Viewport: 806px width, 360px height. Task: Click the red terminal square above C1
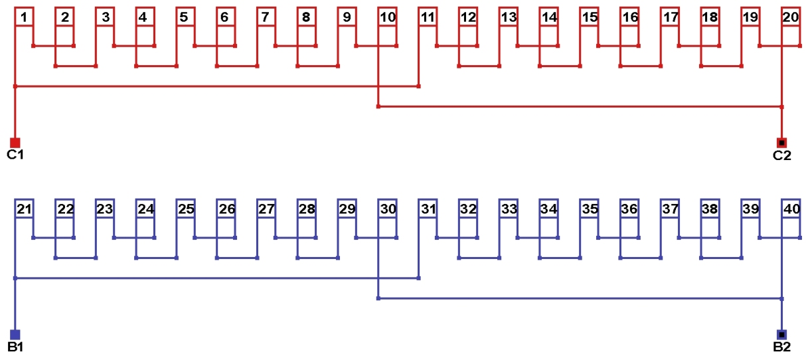pyautogui.click(x=15, y=142)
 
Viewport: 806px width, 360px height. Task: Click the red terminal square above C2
pyautogui.click(x=781, y=142)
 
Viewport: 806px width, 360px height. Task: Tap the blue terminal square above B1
pyautogui.click(x=15, y=334)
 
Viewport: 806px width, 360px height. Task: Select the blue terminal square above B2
pyautogui.click(x=781, y=334)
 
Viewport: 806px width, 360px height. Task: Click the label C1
pyautogui.click(x=15, y=155)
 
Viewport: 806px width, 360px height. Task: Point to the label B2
pyautogui.click(x=781, y=347)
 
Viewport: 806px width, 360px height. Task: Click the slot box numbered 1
pyautogui.click(x=24, y=17)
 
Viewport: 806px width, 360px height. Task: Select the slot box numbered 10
pyautogui.click(x=388, y=17)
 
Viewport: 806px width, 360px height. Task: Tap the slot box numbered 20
pyautogui.click(x=791, y=17)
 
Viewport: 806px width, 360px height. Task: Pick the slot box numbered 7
pyautogui.click(x=266, y=17)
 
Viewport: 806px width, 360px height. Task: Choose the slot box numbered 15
pyautogui.click(x=590, y=17)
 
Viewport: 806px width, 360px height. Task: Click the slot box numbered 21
pyautogui.click(x=24, y=209)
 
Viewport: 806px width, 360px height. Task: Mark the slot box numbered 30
pyautogui.click(x=388, y=209)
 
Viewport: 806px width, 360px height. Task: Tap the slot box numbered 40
pyautogui.click(x=791, y=209)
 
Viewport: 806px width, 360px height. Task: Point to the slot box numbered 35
pyautogui.click(x=590, y=209)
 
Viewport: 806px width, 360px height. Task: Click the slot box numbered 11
pyautogui.click(x=428, y=17)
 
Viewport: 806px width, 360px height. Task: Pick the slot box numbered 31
pyautogui.click(x=428, y=209)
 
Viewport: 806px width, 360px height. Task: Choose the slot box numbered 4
pyautogui.click(x=144, y=17)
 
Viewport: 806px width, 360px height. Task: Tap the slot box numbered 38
pyautogui.click(x=710, y=209)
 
